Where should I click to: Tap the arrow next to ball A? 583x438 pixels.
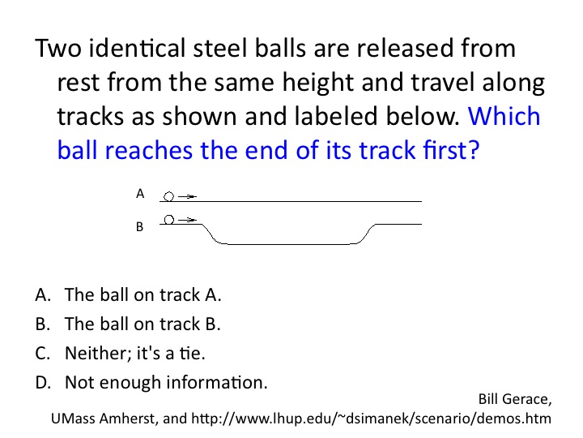pyautogui.click(x=187, y=196)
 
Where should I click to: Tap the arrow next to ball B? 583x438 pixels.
pyautogui.click(x=187, y=220)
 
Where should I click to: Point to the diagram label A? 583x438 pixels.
pyautogui.click(x=140, y=194)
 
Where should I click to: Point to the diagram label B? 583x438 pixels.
pyautogui.click(x=140, y=226)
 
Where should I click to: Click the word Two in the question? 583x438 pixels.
pyautogui.click(x=58, y=49)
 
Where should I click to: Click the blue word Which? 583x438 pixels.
pyautogui.click(x=504, y=116)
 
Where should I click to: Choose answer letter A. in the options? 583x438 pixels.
pyautogui.click(x=43, y=294)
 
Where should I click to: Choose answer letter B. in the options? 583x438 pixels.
pyautogui.click(x=43, y=324)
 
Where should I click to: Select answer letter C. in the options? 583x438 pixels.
pyautogui.click(x=43, y=353)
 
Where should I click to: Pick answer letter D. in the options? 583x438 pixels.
pyautogui.click(x=43, y=383)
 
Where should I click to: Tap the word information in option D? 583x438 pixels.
pyautogui.click(x=216, y=383)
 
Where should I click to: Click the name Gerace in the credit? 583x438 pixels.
pyautogui.click(x=530, y=400)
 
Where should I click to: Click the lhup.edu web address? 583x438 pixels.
pyautogui.click(x=371, y=419)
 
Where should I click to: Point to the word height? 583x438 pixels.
pyautogui.click(x=318, y=82)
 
